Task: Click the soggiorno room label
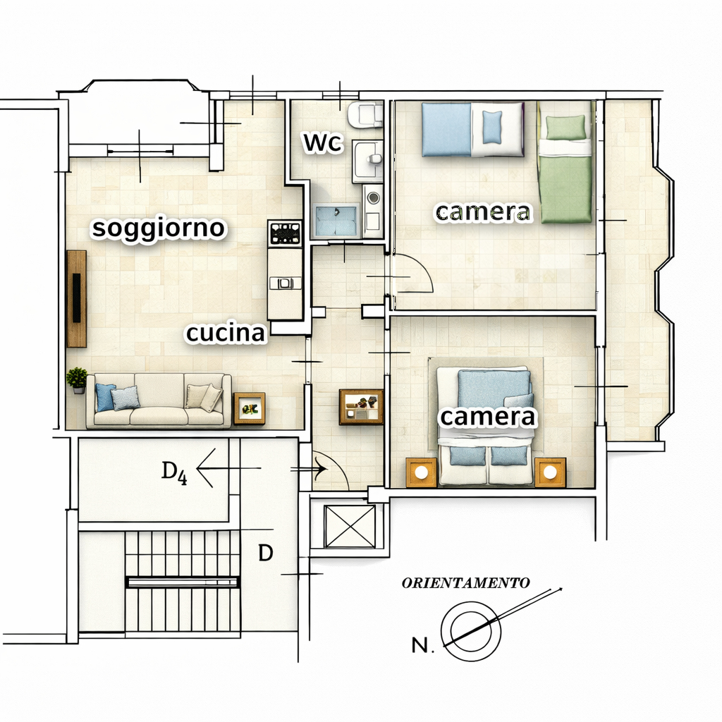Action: (159, 228)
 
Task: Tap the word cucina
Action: (226, 333)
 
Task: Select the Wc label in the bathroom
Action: (323, 142)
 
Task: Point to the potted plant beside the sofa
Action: (77, 380)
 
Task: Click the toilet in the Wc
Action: (365, 115)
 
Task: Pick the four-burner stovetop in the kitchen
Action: (285, 233)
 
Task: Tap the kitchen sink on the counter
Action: (285, 283)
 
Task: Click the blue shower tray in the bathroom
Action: (336, 220)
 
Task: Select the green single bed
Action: (565, 169)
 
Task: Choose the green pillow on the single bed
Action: (566, 127)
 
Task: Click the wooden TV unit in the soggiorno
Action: (77, 298)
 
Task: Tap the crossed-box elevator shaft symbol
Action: (350, 526)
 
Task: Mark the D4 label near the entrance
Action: (174, 472)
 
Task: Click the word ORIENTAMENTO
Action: (465, 583)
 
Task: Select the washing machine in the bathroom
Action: (373, 211)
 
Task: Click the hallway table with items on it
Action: (362, 407)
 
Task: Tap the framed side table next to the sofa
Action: (250, 408)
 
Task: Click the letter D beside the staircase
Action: (266, 553)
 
